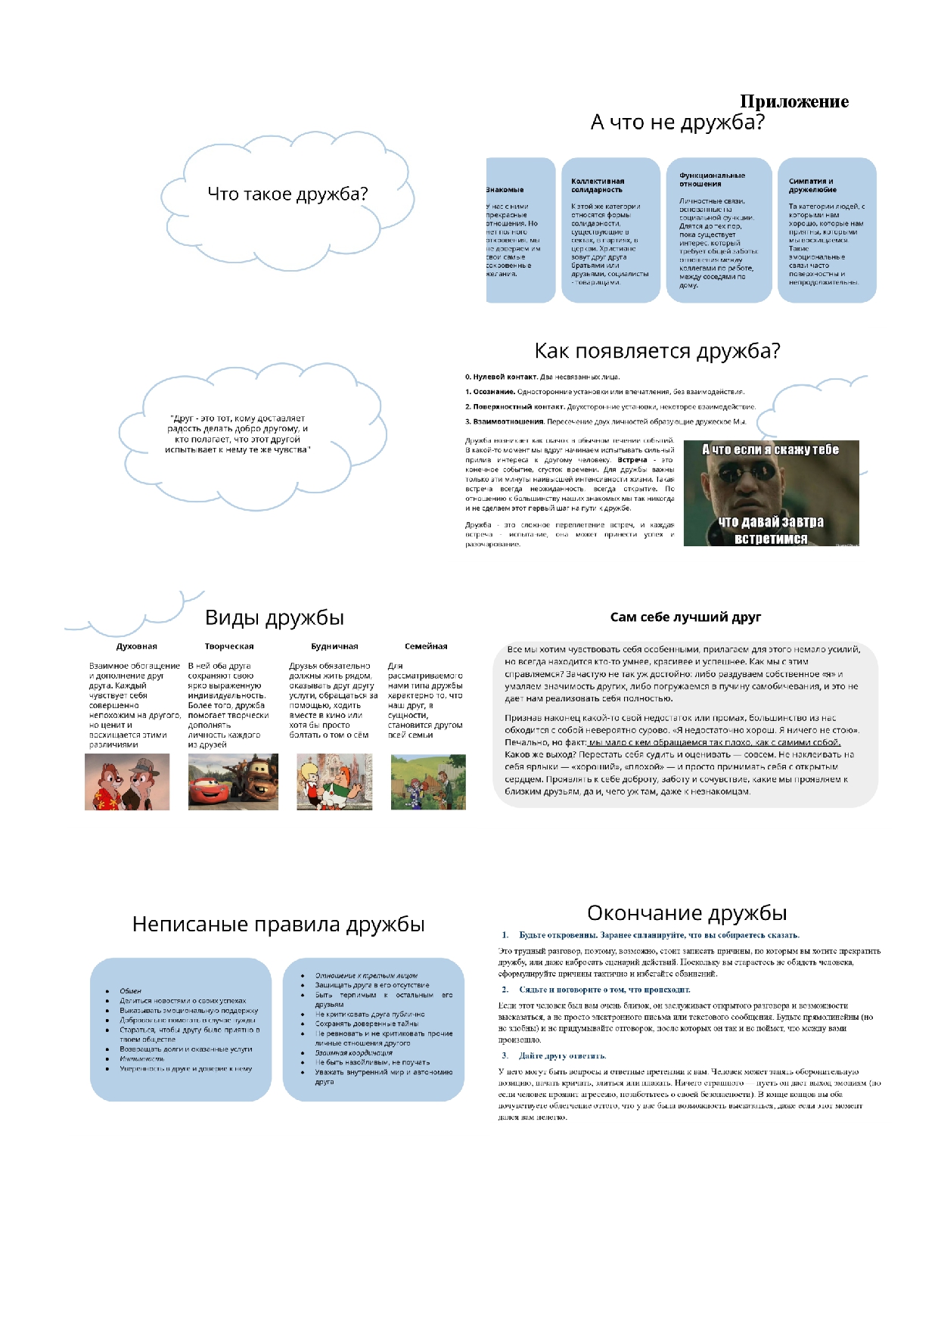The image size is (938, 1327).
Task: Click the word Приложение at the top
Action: pyautogui.click(x=794, y=101)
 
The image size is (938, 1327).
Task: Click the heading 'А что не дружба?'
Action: pyautogui.click(x=677, y=123)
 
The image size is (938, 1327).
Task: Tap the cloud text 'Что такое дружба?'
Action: pyautogui.click(x=287, y=194)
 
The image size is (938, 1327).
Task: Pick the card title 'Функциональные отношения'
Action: pyautogui.click(x=712, y=180)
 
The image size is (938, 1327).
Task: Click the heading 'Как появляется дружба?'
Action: pyautogui.click(x=657, y=351)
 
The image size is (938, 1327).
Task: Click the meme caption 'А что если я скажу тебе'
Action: pyautogui.click(x=770, y=449)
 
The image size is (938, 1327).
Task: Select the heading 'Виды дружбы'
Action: pyautogui.click(x=275, y=618)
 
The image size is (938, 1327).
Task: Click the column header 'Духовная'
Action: pyautogui.click(x=137, y=647)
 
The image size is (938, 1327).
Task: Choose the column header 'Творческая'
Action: pyautogui.click(x=229, y=647)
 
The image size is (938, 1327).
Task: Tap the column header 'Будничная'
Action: pyautogui.click(x=334, y=647)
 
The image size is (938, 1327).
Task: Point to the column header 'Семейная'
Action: pyautogui.click(x=426, y=647)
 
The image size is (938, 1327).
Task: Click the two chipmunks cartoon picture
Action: pyautogui.click(x=127, y=783)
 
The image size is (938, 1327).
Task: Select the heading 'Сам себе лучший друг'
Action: pyautogui.click(x=685, y=617)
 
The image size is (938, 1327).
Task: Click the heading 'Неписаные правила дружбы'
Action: pyautogui.click(x=278, y=925)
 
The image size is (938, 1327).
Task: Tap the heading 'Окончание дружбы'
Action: pyautogui.click(x=687, y=913)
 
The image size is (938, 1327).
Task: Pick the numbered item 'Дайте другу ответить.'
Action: pyautogui.click(x=562, y=1056)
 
